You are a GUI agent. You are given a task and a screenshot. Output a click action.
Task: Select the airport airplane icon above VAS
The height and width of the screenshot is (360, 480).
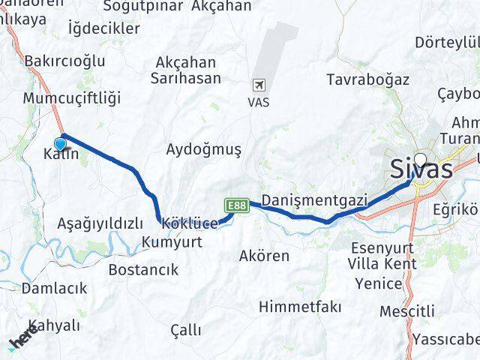pyautogui.click(x=259, y=85)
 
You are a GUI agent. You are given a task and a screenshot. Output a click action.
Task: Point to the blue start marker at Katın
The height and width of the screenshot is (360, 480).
pyautogui.click(x=61, y=144)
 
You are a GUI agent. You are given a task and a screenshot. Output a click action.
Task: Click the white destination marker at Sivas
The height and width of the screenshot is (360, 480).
pyautogui.click(x=419, y=160)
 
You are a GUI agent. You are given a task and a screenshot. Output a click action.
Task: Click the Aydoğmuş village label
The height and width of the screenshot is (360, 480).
pyautogui.click(x=204, y=150)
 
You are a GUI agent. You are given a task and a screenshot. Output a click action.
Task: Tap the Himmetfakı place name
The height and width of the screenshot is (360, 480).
pyautogui.click(x=300, y=307)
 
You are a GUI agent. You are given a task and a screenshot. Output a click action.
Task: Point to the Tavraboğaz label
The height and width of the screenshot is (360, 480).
pyautogui.click(x=368, y=79)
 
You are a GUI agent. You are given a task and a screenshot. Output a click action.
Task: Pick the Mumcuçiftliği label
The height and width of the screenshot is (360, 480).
pyautogui.click(x=72, y=98)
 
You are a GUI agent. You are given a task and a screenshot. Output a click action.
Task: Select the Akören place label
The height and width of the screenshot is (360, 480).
pyautogui.click(x=264, y=256)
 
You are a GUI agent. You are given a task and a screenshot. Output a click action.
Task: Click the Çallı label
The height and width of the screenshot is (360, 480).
pyautogui.click(x=185, y=330)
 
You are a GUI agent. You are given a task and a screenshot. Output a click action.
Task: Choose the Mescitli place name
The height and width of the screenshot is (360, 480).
pyautogui.click(x=407, y=310)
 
